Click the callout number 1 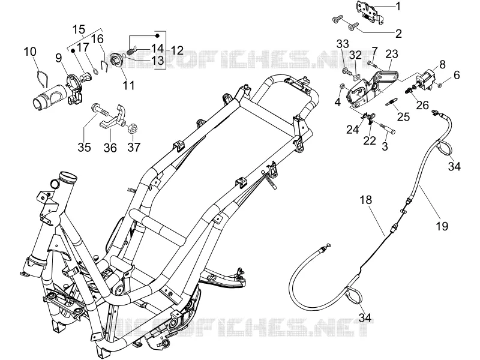tap(398, 6)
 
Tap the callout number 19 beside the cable tap(442, 226)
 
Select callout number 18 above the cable tap(366, 200)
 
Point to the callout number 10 tap(30, 52)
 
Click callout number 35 tap(84, 147)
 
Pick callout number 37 tap(134, 147)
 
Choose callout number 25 tap(403, 116)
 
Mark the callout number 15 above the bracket tap(79, 29)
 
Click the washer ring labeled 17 tap(95, 72)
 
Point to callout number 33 tap(343, 44)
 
